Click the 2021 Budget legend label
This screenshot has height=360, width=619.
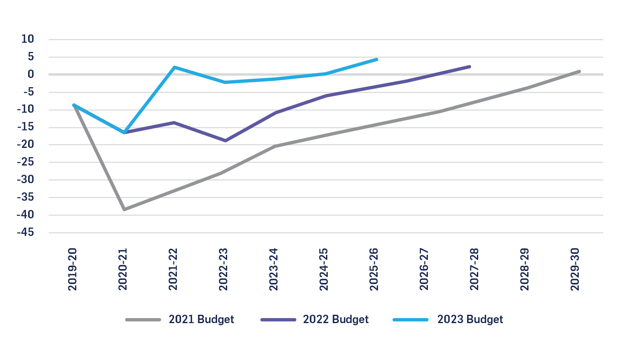point(201,319)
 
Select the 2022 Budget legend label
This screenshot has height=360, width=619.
point(336,319)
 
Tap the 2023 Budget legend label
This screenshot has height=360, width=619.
point(470,319)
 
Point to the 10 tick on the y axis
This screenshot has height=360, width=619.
point(28,39)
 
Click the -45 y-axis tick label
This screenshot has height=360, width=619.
point(26,233)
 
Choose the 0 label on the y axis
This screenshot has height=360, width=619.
point(31,75)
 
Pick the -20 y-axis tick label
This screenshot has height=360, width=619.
point(26,145)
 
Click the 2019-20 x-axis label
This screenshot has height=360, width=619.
point(73,269)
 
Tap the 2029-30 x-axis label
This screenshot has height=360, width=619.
point(575,269)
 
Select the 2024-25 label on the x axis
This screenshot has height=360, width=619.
point(324,269)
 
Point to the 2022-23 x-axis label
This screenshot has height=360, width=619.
point(223,269)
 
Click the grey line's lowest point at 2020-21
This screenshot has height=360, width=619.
point(124,209)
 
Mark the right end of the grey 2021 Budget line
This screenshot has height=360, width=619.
point(579,72)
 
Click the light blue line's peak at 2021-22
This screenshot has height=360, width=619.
point(174,67)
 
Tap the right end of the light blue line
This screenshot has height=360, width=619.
point(377,60)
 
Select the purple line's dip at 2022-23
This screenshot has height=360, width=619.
point(225,140)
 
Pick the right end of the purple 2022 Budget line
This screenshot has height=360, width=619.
point(469,67)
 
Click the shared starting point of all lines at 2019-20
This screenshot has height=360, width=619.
point(74,105)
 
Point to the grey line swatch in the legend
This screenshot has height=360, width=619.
point(143,320)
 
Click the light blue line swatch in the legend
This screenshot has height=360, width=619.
point(411,320)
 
